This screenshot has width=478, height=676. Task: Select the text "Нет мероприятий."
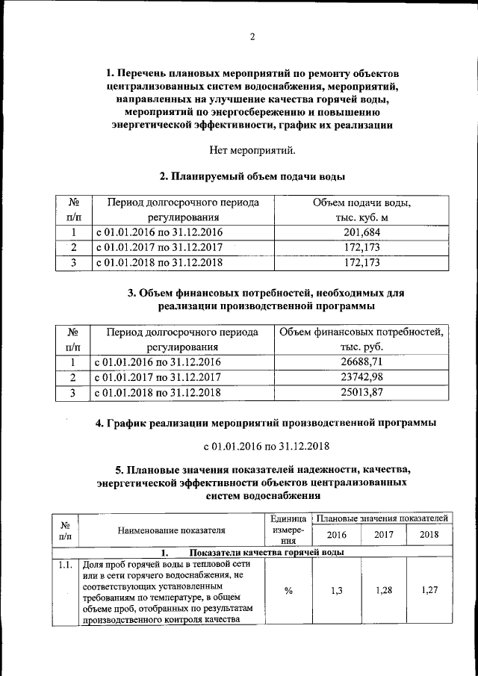point(252,152)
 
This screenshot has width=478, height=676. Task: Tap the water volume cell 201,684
point(362,232)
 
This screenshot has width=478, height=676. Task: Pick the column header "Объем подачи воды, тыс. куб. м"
point(362,210)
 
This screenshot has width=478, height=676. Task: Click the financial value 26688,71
point(362,362)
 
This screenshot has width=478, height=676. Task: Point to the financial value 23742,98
point(362,376)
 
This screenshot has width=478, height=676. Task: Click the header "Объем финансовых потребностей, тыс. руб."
point(362,340)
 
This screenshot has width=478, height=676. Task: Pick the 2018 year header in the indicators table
point(429,535)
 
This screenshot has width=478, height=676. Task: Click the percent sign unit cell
point(288,590)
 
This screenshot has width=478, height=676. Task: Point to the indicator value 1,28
point(383,590)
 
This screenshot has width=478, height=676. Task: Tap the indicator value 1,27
point(429,590)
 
